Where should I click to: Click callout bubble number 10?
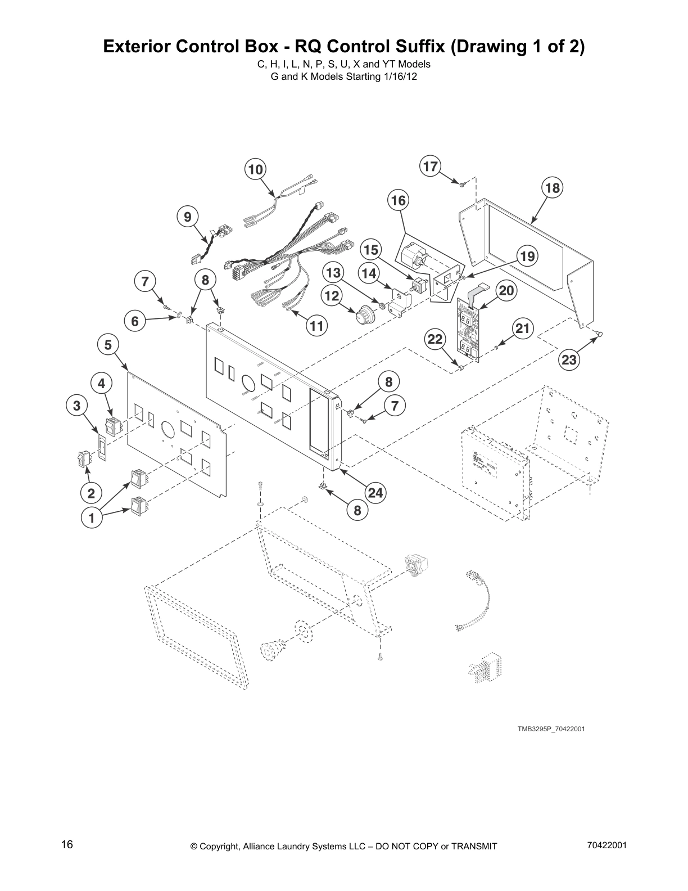255,169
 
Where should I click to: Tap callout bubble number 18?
553,188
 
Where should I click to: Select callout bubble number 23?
569,359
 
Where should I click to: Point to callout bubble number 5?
108,345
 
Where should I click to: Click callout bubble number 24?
375,493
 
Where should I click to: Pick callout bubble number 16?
398,200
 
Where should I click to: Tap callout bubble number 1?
92,518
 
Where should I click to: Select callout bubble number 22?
436,339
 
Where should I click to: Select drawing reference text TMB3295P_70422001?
551,729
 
